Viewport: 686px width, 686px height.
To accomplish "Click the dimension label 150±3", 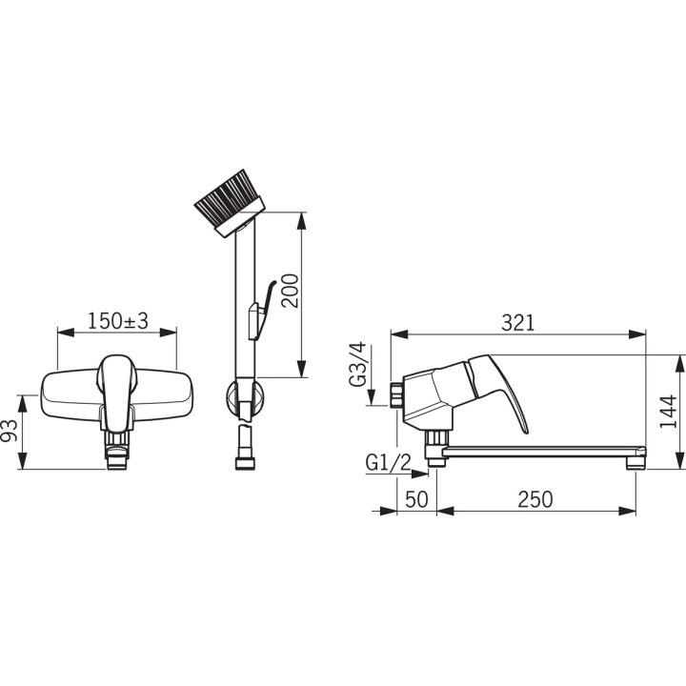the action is [x=118, y=321].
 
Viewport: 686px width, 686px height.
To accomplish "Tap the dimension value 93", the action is [x=10, y=431].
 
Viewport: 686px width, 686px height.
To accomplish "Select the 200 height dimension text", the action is [x=290, y=291].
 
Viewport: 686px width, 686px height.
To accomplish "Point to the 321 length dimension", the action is [x=518, y=323].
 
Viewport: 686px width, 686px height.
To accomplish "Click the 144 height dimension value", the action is [x=668, y=413].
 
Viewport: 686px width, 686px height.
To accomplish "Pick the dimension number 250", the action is [x=535, y=499].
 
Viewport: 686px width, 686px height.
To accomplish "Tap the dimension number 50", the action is [x=416, y=499].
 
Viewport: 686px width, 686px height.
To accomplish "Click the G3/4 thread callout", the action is [x=357, y=364].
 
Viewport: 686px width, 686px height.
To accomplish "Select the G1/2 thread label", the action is [x=389, y=462].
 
